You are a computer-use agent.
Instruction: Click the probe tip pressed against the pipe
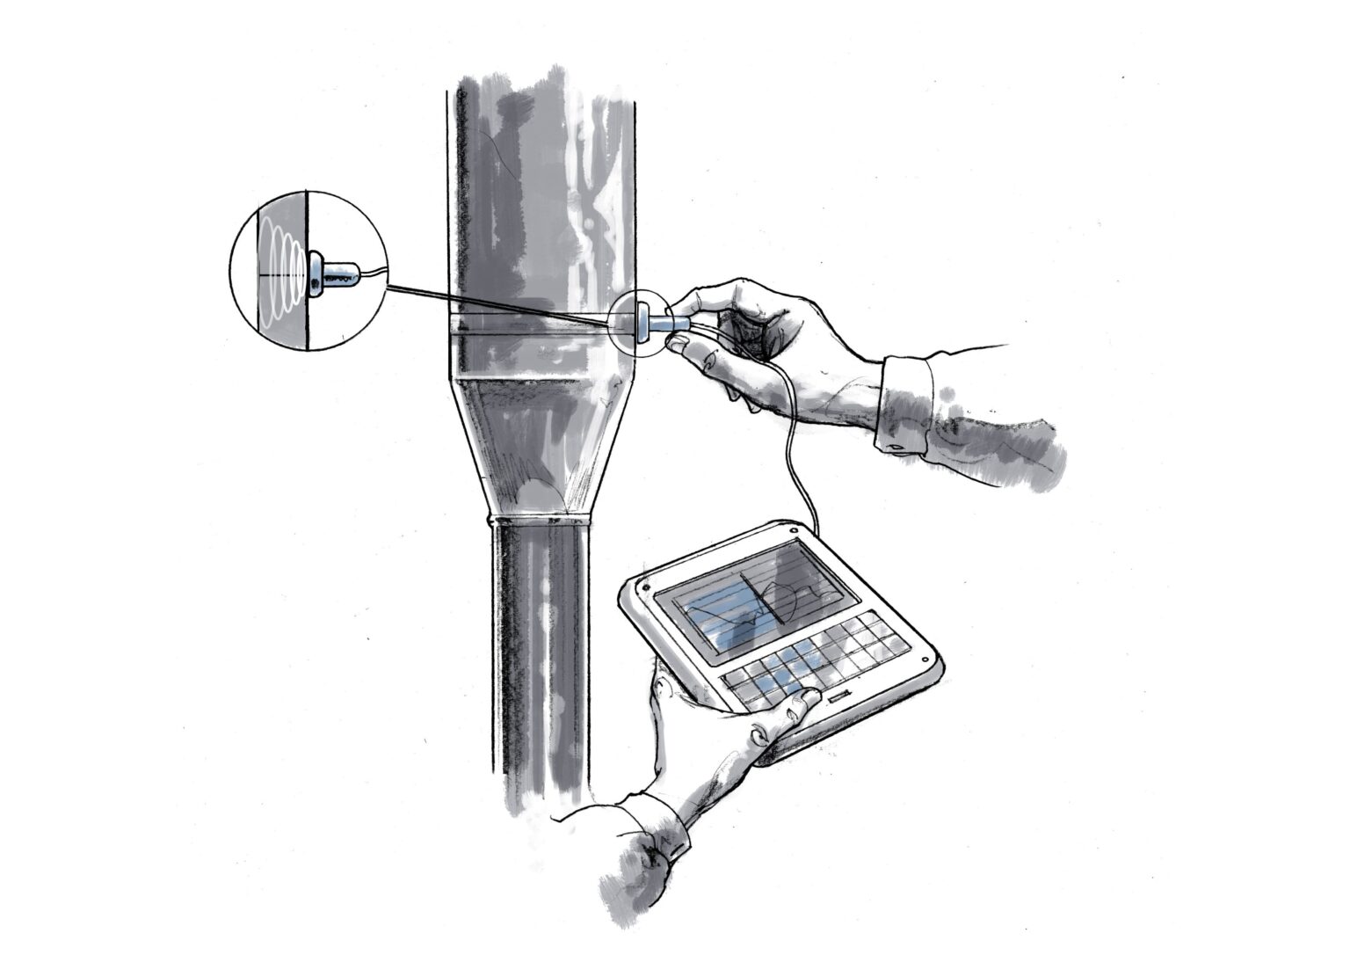coord(641,322)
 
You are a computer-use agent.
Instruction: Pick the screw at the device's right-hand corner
coord(925,656)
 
